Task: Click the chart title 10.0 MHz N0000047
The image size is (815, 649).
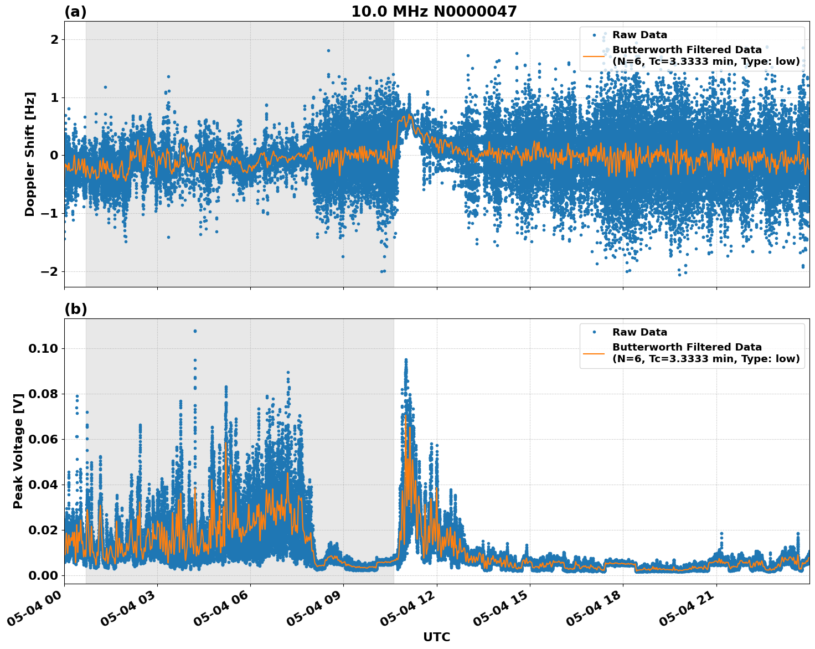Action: click(x=434, y=12)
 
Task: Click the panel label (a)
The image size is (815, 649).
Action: click(x=75, y=12)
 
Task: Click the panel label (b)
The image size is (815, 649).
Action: click(x=75, y=309)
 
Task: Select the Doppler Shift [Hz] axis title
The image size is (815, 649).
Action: click(x=30, y=154)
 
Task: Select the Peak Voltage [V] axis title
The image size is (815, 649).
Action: click(x=18, y=463)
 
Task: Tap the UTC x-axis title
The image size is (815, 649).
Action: click(x=436, y=637)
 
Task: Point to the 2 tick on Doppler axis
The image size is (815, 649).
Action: click(x=54, y=40)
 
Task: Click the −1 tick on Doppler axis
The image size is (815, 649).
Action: click(x=50, y=214)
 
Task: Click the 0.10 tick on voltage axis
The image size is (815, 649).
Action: click(x=43, y=348)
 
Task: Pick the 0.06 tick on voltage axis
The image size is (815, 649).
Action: click(x=43, y=439)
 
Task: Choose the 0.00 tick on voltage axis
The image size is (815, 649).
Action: click(x=43, y=575)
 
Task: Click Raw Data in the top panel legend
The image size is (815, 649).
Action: click(x=639, y=35)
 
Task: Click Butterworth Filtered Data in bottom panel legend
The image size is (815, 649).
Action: click(x=687, y=347)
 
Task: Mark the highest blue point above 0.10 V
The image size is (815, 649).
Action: click(x=195, y=331)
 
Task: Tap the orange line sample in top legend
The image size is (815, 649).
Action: click(x=594, y=56)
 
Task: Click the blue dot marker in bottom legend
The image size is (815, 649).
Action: click(x=594, y=332)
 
